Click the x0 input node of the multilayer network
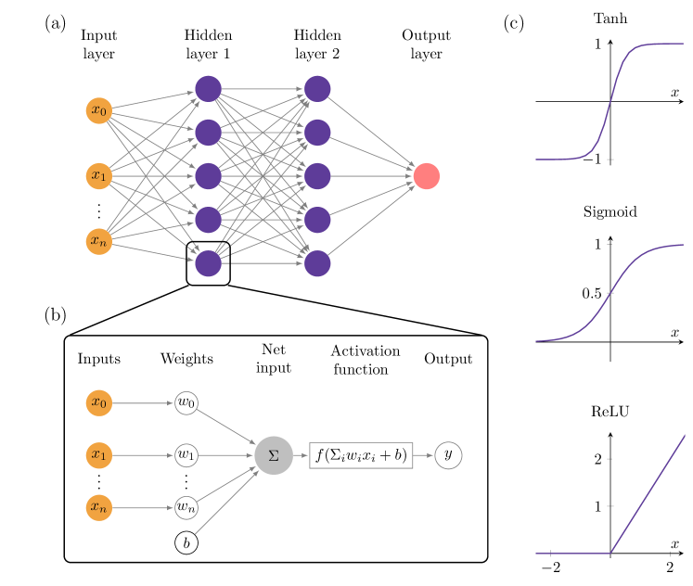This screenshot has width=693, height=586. pos(99,110)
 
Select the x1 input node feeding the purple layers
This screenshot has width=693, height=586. pos(99,175)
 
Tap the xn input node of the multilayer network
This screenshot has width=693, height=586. pos(99,241)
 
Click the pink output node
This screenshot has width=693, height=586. pos(427,175)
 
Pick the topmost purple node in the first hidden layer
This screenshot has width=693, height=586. pos(209,89)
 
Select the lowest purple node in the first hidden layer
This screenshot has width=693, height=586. pos(209,263)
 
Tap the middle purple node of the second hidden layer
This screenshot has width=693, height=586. pos(317,175)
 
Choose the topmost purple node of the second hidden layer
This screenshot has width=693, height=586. pos(317,89)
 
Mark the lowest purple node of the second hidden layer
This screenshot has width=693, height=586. pos(317,263)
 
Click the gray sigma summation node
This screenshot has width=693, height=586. pos(274,455)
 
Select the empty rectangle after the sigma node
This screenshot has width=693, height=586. pos(361,455)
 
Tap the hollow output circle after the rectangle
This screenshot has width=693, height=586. pos(448,455)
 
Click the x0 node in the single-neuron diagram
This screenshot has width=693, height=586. pos(99,403)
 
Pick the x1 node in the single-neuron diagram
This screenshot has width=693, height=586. pos(99,455)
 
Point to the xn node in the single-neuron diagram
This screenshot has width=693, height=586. pos(99,508)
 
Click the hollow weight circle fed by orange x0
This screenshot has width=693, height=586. pos(186,403)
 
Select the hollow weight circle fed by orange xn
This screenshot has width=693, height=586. pos(186,508)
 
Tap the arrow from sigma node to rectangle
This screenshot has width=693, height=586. pos(301,455)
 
